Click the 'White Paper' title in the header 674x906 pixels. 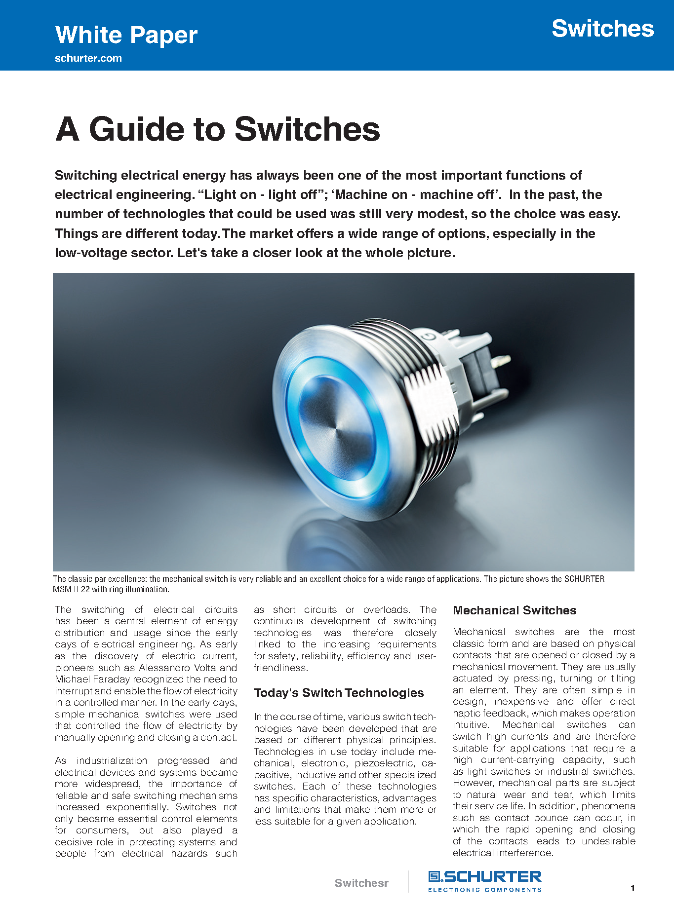[x=126, y=35]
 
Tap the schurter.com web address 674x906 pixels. [x=88, y=58]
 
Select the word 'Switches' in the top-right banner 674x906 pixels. [x=602, y=29]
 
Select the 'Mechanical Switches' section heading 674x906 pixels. [x=515, y=610]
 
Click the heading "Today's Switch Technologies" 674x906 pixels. [x=339, y=693]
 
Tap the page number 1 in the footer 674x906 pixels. [x=633, y=888]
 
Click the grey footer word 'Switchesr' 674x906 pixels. [x=361, y=883]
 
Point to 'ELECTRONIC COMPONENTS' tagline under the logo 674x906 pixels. [x=484, y=890]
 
